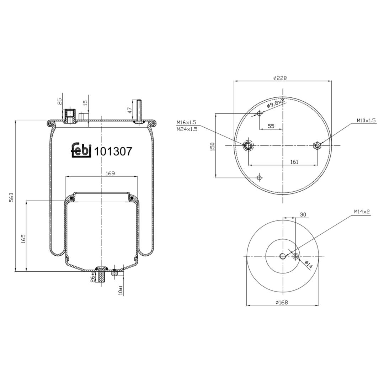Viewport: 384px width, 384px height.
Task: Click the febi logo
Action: pyautogui.click(x=81, y=150)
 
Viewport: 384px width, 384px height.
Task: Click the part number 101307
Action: pyautogui.click(x=113, y=151)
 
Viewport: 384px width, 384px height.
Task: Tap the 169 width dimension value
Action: pyautogui.click(x=110, y=174)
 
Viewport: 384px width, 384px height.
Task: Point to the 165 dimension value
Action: pyautogui.click(x=23, y=239)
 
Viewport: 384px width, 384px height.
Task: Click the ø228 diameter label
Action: pyautogui.click(x=280, y=78)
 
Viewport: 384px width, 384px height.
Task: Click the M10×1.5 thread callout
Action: pyautogui.click(x=366, y=121)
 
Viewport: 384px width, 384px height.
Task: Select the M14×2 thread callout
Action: pyautogui.click(x=362, y=211)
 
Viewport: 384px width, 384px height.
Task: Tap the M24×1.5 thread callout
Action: pyautogui.click(x=187, y=129)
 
